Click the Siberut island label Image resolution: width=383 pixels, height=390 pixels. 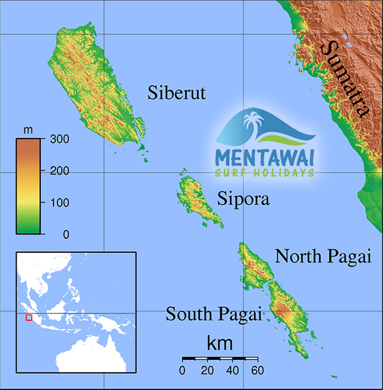(177, 93)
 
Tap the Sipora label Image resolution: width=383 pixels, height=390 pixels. (243, 199)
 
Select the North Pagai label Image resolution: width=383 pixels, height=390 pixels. (322, 257)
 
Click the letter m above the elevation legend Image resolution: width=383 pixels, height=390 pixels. (28, 130)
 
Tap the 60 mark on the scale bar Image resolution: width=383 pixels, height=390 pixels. (257, 371)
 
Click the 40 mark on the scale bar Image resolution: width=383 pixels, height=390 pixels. (232, 371)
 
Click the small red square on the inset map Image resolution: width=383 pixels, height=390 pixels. (28, 317)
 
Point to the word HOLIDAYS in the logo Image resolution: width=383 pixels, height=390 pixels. (285, 173)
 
